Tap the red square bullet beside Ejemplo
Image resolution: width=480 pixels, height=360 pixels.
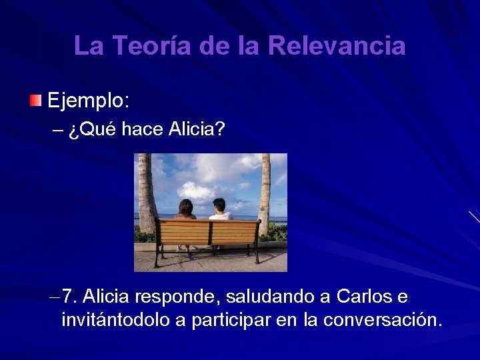coord(35,101)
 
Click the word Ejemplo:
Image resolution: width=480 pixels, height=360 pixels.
coord(89,102)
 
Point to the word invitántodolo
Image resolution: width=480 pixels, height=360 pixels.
coord(115,320)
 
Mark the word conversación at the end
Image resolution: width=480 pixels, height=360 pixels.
coord(381,321)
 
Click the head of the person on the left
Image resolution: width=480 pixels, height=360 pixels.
coord(185,207)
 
